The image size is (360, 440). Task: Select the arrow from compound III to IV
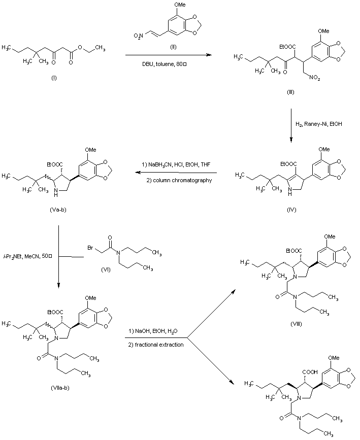[291, 125]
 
